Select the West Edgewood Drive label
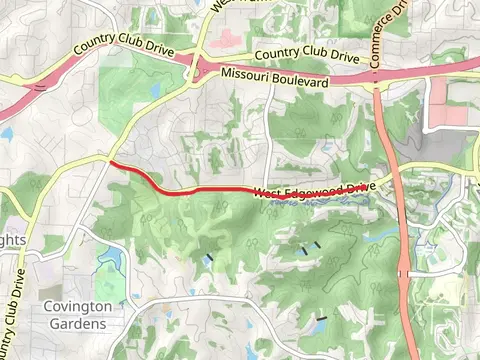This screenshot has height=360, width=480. (314, 190)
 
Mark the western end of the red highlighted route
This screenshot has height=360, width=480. (111, 162)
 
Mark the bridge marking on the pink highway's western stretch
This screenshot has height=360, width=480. (40, 88)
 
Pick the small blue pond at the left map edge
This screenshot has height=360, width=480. (5, 131)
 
